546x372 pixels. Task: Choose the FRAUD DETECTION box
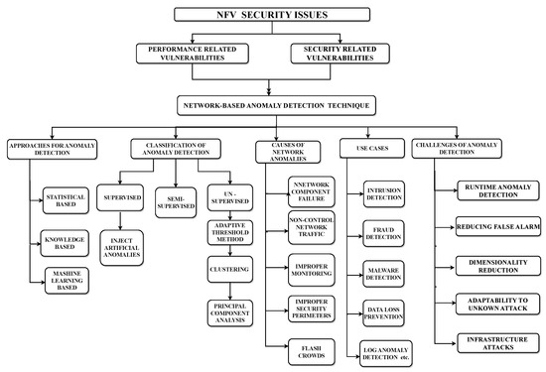pyautogui.click(x=384, y=235)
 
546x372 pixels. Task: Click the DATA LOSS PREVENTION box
pyautogui.click(x=384, y=312)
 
